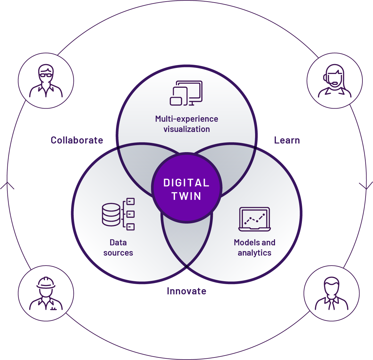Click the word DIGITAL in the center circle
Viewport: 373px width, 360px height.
(x=186, y=183)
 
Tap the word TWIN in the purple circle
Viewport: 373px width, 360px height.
(x=186, y=196)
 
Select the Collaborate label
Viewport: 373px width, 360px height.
(x=77, y=140)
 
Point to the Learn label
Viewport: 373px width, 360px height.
(x=287, y=140)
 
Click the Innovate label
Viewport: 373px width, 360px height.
(x=187, y=291)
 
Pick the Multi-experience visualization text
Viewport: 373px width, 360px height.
(x=187, y=124)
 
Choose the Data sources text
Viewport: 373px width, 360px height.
(x=118, y=248)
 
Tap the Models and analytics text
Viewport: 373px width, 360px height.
(x=254, y=248)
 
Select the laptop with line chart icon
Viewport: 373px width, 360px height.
(x=255, y=219)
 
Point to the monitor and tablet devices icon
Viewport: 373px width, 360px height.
(x=186, y=93)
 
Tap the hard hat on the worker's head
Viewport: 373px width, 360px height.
(x=46, y=282)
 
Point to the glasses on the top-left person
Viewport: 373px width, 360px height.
(x=46, y=75)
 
